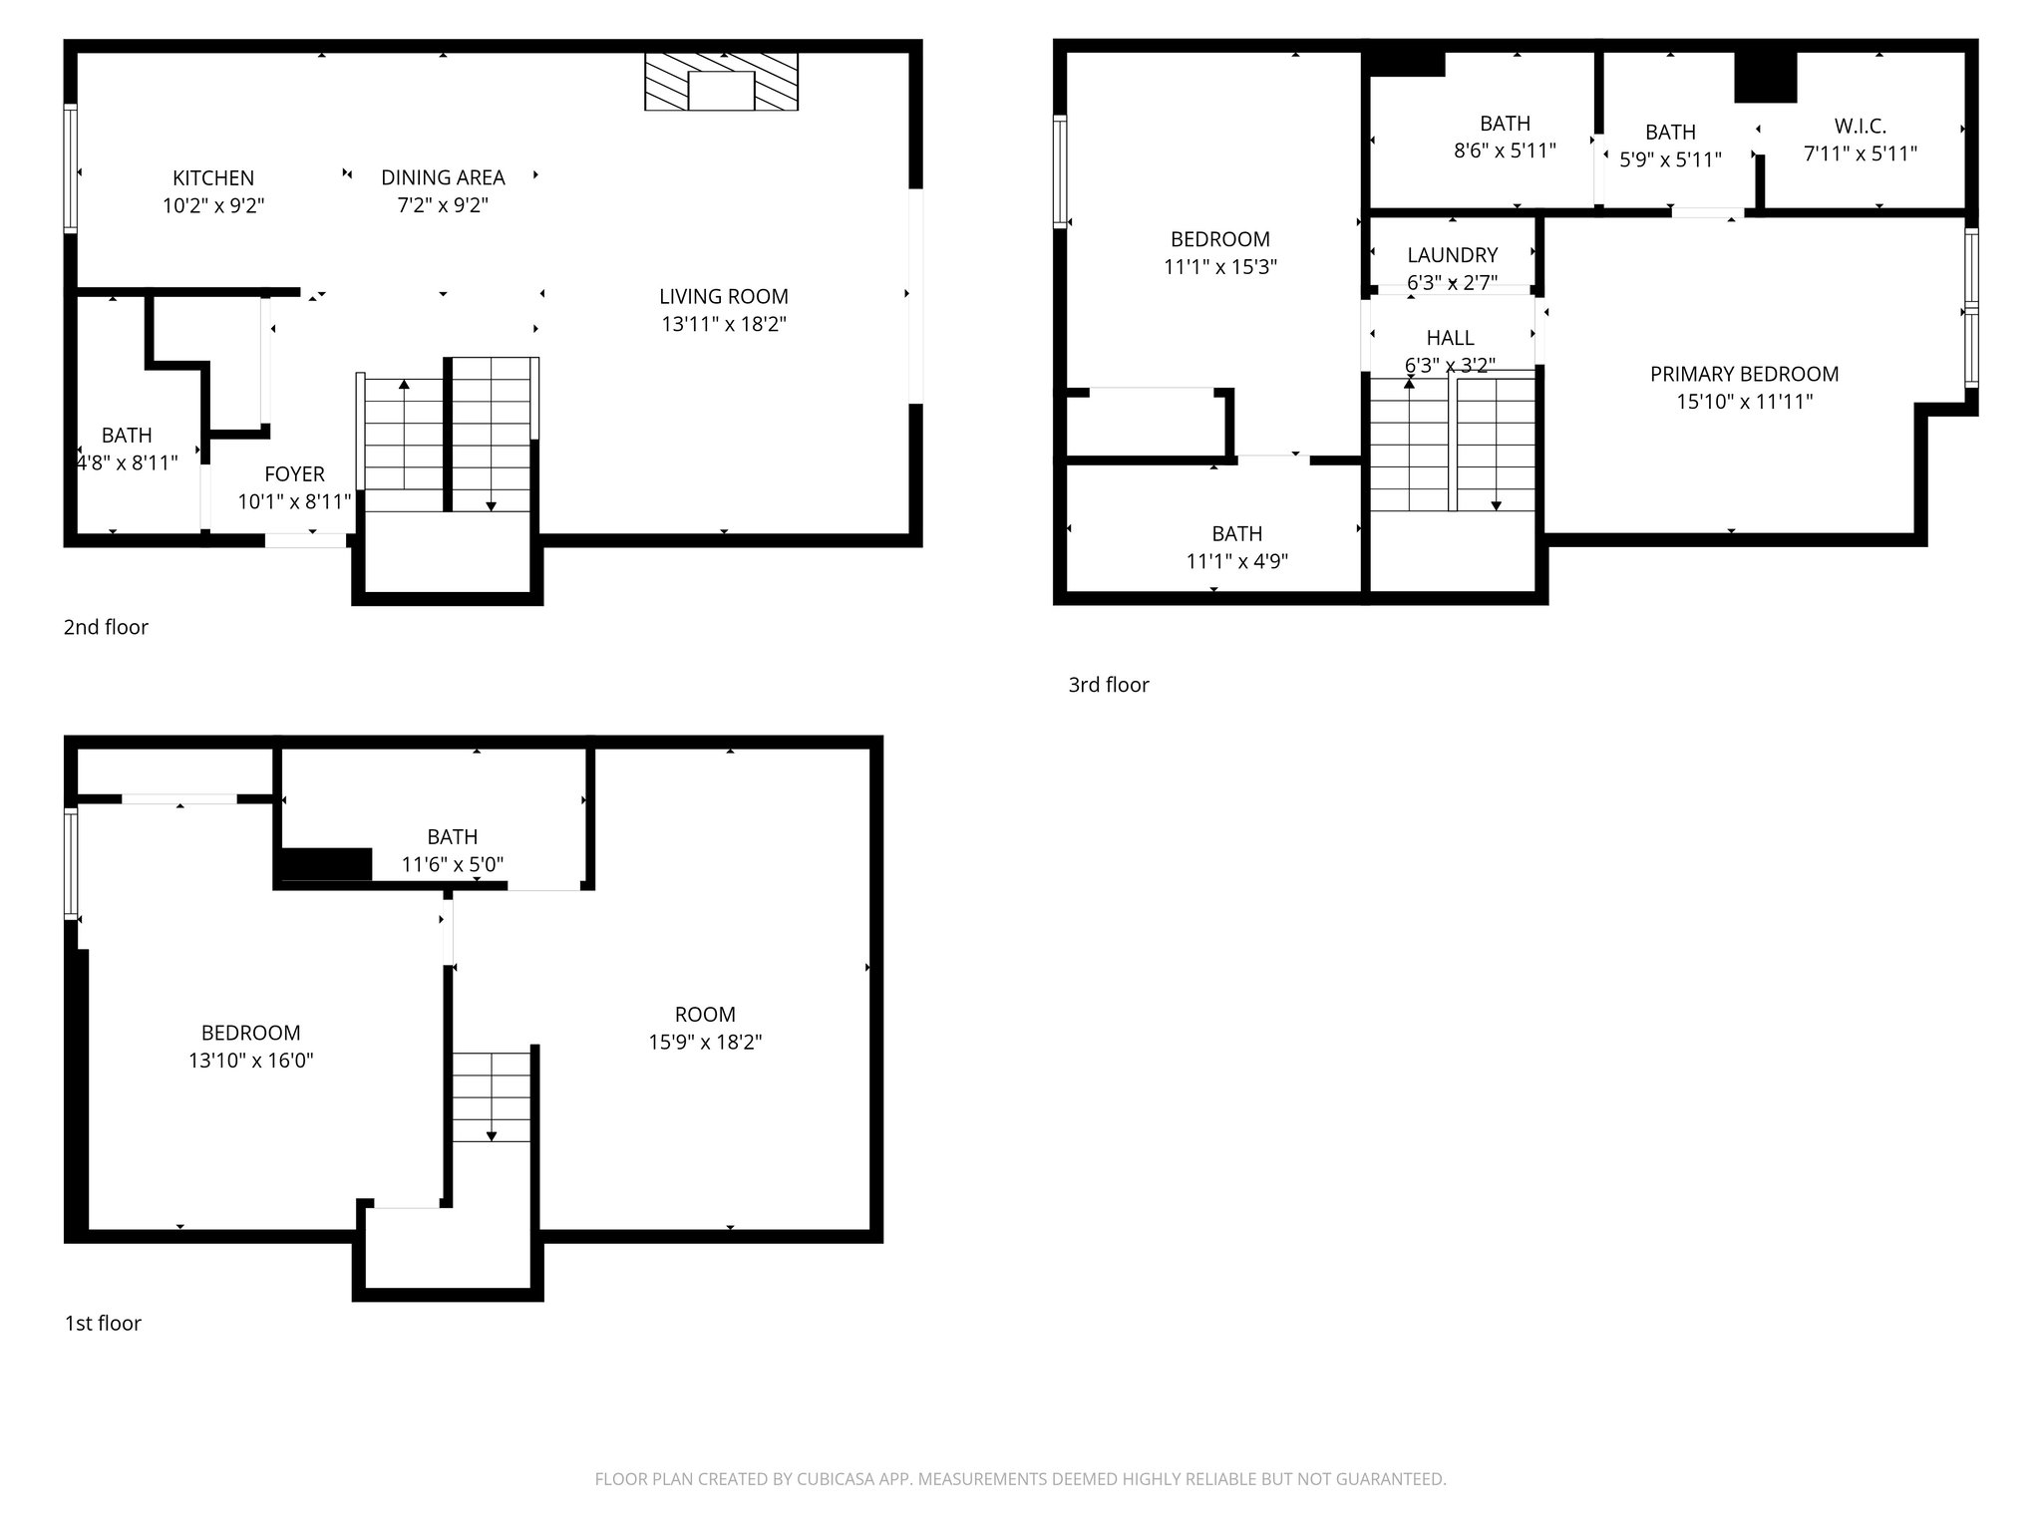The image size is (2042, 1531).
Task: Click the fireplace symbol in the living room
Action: [x=721, y=82]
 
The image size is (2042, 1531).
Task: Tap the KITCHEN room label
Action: [x=213, y=178]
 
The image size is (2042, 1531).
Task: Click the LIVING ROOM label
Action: [x=723, y=297]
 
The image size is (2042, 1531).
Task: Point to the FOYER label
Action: [x=294, y=474]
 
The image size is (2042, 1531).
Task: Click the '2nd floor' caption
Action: [x=106, y=627]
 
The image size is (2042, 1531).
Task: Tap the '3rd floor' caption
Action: [x=1109, y=685]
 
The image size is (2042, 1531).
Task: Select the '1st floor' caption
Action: [x=103, y=1323]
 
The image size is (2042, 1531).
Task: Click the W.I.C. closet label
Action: [x=1860, y=127]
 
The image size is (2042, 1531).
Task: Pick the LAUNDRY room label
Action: [x=1452, y=255]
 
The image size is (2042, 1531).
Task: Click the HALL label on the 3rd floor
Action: [x=1450, y=338]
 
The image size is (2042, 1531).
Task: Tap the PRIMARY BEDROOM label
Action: [x=1744, y=375]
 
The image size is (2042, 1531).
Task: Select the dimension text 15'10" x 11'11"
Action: [x=1744, y=402]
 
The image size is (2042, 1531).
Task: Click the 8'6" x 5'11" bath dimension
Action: [x=1505, y=151]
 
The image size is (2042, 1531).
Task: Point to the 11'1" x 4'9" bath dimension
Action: [x=1236, y=561]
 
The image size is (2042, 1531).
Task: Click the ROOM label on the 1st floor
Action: [x=705, y=1015]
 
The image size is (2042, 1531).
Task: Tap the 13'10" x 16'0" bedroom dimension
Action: [x=251, y=1061]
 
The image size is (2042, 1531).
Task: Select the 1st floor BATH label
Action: [x=452, y=837]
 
